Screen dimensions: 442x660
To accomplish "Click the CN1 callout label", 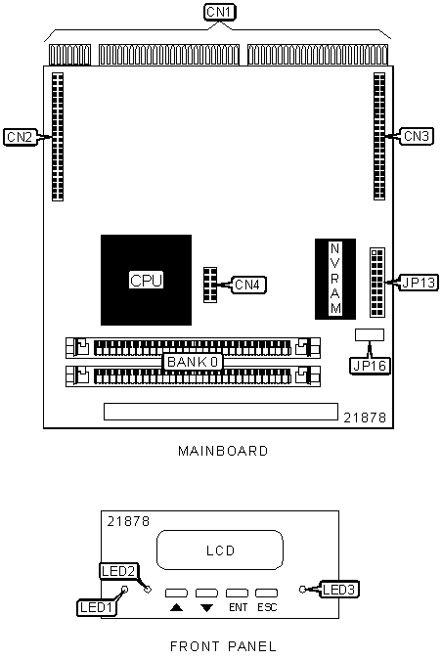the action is pyautogui.click(x=220, y=12).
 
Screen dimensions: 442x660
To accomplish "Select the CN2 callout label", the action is pyautogui.click(x=20, y=137).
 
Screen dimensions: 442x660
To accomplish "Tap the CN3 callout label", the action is pyautogui.click(x=416, y=136).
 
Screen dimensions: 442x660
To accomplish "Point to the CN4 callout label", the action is pyautogui.click(x=248, y=285).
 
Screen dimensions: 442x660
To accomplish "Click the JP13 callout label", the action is pyautogui.click(x=419, y=283).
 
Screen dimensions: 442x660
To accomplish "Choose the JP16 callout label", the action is pyautogui.click(x=370, y=366).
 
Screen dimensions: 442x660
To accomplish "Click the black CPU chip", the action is pyautogui.click(x=146, y=280).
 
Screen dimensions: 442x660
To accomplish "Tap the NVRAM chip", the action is pyautogui.click(x=335, y=279).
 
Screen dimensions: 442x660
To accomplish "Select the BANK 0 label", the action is pyautogui.click(x=194, y=362).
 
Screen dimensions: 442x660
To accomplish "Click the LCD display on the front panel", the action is pyautogui.click(x=220, y=550).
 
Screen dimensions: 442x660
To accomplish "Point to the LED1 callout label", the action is pyautogui.click(x=97, y=607).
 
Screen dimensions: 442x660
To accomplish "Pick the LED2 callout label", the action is pyautogui.click(x=118, y=571).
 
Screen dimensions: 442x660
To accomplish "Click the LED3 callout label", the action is pyautogui.click(x=339, y=590).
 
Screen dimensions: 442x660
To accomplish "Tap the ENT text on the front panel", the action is pyautogui.click(x=238, y=607).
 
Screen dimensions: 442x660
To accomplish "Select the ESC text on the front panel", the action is pyautogui.click(x=267, y=607).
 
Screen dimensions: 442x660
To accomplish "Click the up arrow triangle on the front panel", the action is pyautogui.click(x=176, y=607).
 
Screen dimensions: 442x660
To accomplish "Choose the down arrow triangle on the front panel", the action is pyautogui.click(x=206, y=608).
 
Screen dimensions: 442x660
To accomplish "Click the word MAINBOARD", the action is pyautogui.click(x=223, y=451).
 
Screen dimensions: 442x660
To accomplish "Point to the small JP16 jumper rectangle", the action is pyautogui.click(x=370, y=334).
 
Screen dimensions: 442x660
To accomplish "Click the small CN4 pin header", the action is pyautogui.click(x=210, y=285).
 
